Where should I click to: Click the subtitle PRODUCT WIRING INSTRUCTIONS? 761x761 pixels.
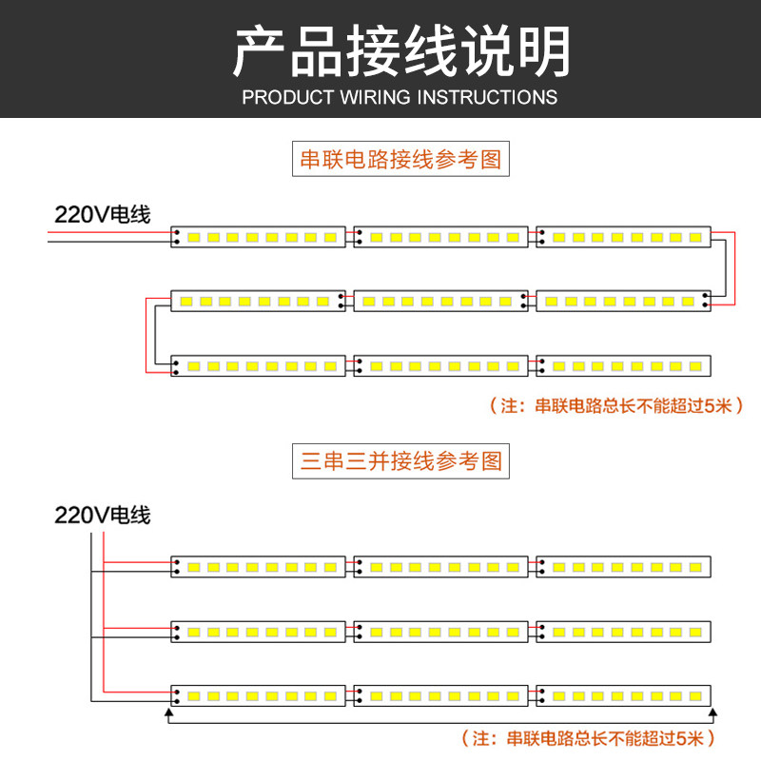(400, 97)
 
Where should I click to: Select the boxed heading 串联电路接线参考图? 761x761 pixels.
(400, 159)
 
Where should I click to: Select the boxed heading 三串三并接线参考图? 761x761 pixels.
(400, 462)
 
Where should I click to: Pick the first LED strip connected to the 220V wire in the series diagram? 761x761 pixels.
(258, 237)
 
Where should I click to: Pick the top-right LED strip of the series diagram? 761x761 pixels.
(623, 237)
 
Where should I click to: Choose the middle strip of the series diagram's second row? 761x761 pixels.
(440, 301)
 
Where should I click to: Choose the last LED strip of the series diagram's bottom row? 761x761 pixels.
(623, 365)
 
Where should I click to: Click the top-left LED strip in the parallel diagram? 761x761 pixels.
(258, 567)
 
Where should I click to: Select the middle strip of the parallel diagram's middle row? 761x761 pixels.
(440, 632)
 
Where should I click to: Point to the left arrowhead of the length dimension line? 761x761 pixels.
(169, 712)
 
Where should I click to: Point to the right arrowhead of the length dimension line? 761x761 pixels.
(714, 712)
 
